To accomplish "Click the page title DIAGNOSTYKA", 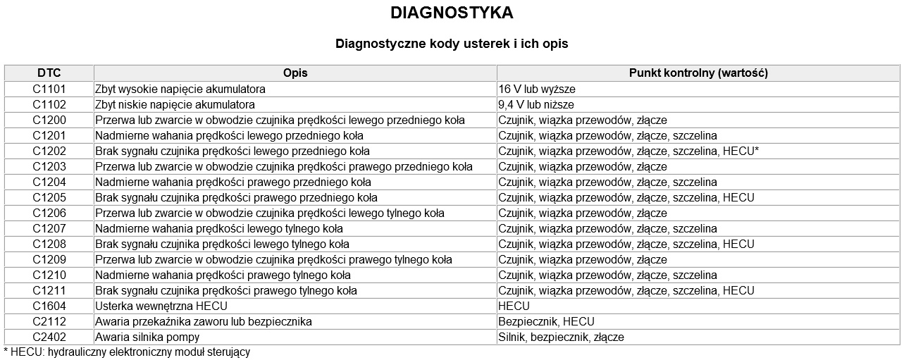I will point(452,13).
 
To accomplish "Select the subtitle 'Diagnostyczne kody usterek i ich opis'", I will point(452,44).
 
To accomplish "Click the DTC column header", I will point(49,73).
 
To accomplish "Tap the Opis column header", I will point(295,73).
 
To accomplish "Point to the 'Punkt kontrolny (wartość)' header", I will point(698,73).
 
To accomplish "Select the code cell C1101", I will point(49,89).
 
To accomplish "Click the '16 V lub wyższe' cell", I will point(537,89).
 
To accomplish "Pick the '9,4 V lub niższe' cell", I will point(535,105).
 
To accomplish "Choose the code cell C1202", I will point(49,151).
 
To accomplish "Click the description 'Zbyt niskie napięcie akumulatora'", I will point(175,105).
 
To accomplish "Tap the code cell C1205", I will point(49,198).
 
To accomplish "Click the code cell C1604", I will point(49,306).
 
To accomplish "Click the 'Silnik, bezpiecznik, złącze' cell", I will point(561,337).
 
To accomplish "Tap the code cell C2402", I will point(49,337).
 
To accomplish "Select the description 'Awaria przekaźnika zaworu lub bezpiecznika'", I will point(204,322).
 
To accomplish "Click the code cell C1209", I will point(49,260).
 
